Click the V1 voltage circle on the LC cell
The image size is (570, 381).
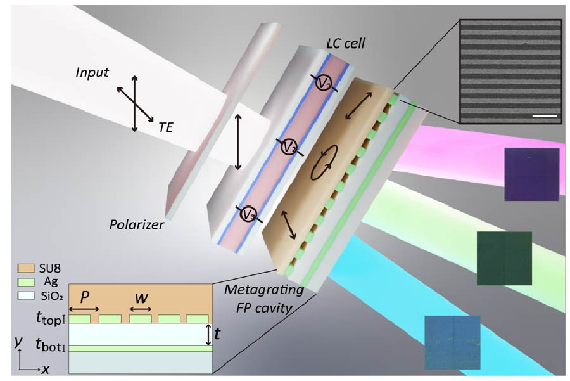tap(324, 84)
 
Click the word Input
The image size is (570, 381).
tap(92, 73)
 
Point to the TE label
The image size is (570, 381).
tap(166, 127)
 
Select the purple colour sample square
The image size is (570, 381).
tap(531, 174)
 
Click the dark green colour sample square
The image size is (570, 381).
tap(504, 258)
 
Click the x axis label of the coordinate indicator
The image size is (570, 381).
tap(46, 369)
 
